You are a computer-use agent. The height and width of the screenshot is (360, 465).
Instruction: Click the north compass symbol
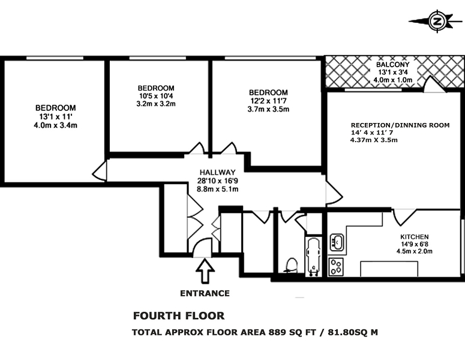pyautogui.click(x=437, y=22)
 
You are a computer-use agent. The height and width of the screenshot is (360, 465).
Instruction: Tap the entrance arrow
pyautogui.click(x=205, y=271)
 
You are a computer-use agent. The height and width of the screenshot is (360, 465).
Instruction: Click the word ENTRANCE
pyautogui.click(x=205, y=293)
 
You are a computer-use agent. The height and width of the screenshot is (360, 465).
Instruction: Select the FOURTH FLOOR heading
pyautogui.click(x=179, y=316)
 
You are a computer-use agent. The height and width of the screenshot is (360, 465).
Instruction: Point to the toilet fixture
pyautogui.click(x=291, y=265)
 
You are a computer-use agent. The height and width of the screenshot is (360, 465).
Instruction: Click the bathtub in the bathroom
pyautogui.click(x=313, y=257)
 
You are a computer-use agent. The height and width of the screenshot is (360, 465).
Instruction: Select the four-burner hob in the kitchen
pyautogui.click(x=336, y=266)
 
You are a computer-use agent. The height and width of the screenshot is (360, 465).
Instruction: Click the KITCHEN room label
pyautogui.click(x=414, y=237)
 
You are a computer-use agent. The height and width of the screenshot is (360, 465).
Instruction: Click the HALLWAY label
pyautogui.click(x=217, y=172)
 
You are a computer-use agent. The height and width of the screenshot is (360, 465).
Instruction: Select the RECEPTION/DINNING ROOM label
pyautogui.click(x=400, y=125)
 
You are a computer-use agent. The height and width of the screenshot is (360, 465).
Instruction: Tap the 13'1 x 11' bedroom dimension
pyautogui.click(x=55, y=116)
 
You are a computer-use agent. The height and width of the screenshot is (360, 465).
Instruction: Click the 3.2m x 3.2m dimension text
pyautogui.click(x=156, y=104)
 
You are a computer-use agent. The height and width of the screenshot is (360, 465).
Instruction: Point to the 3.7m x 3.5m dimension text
pyautogui.click(x=268, y=109)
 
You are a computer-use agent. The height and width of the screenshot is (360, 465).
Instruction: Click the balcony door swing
pyautogui.click(x=434, y=84)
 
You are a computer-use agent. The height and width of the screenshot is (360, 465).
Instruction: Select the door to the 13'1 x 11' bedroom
pyautogui.click(x=100, y=171)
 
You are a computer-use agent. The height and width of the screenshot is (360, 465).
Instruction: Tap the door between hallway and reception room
pyautogui.click(x=334, y=193)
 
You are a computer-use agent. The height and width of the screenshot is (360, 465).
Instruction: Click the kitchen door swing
pyautogui.click(x=404, y=217)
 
